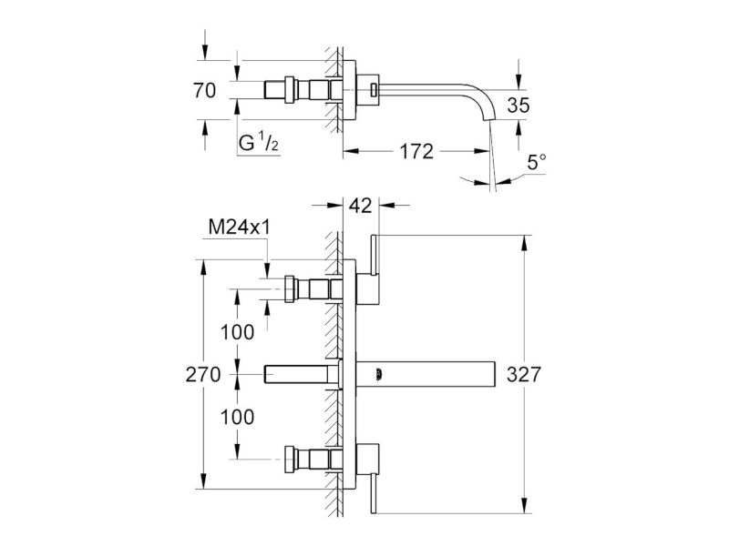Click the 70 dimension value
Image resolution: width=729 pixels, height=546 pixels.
[x=204, y=90]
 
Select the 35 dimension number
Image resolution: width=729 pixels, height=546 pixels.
[x=519, y=106]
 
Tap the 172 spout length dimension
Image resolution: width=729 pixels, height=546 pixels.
[x=416, y=151]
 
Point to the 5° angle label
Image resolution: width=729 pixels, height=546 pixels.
[x=537, y=163]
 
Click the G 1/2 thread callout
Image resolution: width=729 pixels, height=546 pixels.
[x=258, y=142]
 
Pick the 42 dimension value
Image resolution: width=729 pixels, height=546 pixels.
[x=361, y=206]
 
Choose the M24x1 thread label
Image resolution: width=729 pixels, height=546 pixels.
[x=240, y=227]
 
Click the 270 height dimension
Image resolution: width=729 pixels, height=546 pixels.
[x=203, y=374]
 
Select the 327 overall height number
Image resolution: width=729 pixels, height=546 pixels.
[x=524, y=374]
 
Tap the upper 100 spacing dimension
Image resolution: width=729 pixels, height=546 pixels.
[x=237, y=332]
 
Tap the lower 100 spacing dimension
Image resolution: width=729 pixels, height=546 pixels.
[x=237, y=417]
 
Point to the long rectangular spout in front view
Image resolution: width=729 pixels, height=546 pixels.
[x=426, y=373]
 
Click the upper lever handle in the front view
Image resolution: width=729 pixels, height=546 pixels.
[x=374, y=255]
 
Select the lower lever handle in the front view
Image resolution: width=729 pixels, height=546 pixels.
[x=374, y=493]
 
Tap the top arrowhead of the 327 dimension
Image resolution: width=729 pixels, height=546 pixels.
[x=525, y=243]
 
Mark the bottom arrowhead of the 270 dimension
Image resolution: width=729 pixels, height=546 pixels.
[x=203, y=481]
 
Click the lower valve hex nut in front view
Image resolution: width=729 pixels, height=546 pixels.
[x=290, y=459]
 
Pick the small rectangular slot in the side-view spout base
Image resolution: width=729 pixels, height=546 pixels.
[x=373, y=89]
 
